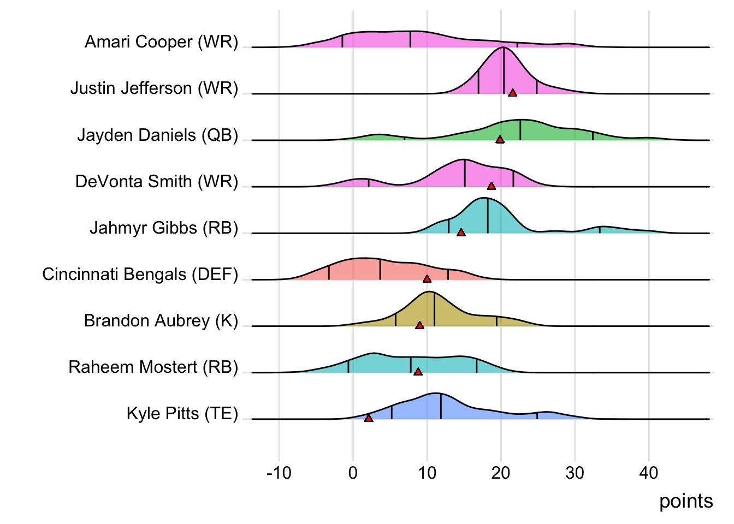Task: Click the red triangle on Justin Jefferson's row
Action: [x=512, y=93]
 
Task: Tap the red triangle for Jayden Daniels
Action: [x=500, y=140]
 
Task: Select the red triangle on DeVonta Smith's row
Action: [x=491, y=186]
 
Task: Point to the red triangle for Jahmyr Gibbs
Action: [x=461, y=233]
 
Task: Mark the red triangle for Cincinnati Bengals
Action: [x=427, y=279]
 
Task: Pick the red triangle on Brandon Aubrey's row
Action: [x=419, y=325]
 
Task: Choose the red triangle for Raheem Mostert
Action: [x=418, y=372]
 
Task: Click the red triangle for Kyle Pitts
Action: [x=369, y=418]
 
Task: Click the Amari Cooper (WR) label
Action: [x=162, y=42]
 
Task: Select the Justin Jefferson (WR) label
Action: [x=155, y=88]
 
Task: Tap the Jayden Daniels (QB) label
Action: [x=158, y=135]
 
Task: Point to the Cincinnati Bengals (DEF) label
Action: [x=140, y=274]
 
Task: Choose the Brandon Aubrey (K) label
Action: [x=161, y=320]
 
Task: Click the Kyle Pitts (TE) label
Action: [x=182, y=414]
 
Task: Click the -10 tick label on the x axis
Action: [x=279, y=473]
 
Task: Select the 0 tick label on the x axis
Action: [x=353, y=473]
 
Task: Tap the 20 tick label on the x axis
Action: [x=501, y=473]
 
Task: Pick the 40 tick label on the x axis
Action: [x=649, y=473]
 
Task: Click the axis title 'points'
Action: [x=686, y=501]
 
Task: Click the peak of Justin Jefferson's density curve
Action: [x=503, y=47]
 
